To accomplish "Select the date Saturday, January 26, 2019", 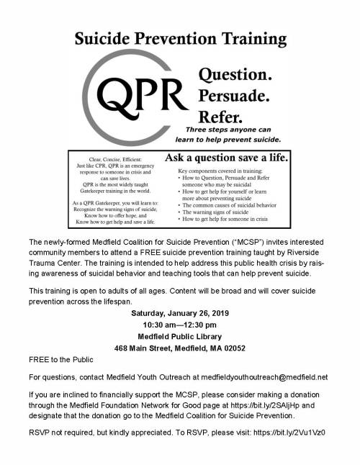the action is coord(180,314).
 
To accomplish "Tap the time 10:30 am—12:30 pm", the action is coord(180,325).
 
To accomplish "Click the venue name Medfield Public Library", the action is coord(180,337).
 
